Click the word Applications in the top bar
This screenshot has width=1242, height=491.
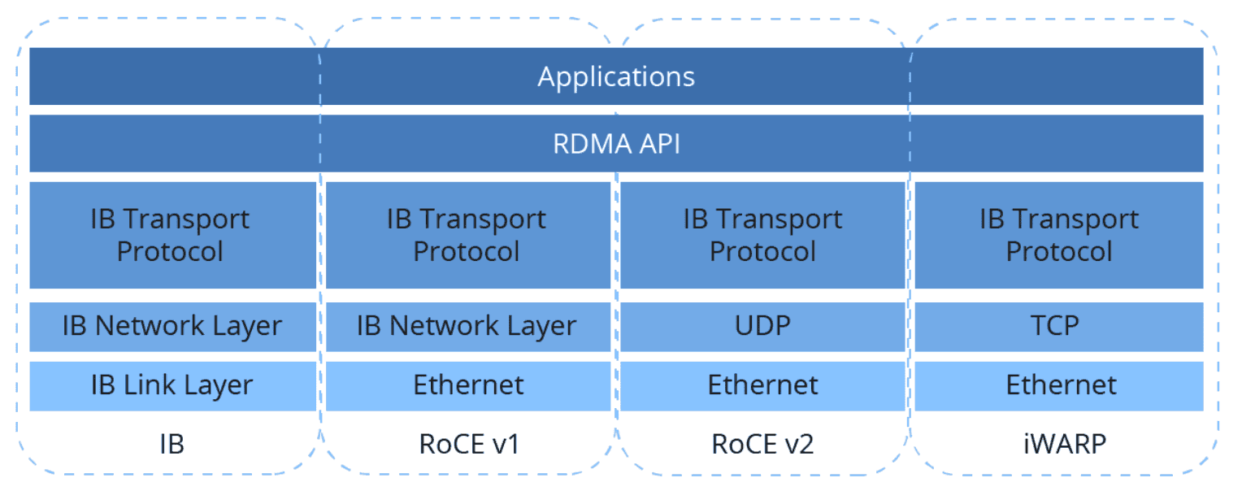[616, 77]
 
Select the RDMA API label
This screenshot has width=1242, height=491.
[616, 144]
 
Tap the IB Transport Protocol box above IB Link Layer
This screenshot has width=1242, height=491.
[172, 235]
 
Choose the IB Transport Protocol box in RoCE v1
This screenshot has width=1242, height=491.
[467, 235]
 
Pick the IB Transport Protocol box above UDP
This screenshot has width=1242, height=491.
[762, 235]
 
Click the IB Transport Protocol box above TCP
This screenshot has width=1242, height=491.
[1058, 235]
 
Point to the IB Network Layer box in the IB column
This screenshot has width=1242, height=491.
[172, 326]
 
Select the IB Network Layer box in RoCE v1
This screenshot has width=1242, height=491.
[467, 326]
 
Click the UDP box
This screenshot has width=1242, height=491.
[762, 326]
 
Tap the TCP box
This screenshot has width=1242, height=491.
[1058, 326]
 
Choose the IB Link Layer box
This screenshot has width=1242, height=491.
[172, 385]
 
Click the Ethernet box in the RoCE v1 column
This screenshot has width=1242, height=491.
[467, 385]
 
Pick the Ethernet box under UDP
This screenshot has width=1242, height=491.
[762, 385]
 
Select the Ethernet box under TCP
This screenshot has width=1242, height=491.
[1058, 385]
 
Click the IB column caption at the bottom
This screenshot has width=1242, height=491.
[172, 444]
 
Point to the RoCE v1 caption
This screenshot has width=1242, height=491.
[467, 444]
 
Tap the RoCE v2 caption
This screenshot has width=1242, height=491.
[762, 444]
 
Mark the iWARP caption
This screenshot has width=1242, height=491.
[1058, 444]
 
